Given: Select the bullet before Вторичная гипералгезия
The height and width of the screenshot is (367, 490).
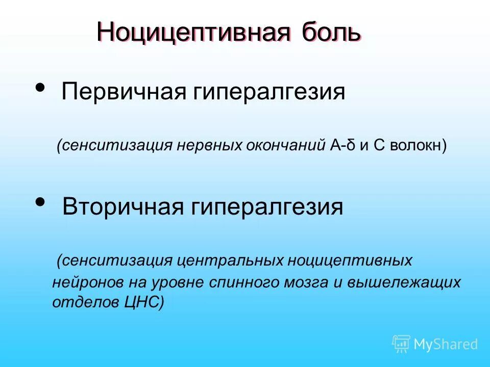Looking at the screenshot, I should pyautogui.click(x=39, y=202).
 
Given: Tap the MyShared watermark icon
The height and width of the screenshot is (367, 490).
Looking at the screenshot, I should pyautogui.click(x=401, y=344).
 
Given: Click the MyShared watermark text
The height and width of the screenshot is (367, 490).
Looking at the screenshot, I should pyautogui.click(x=446, y=345).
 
